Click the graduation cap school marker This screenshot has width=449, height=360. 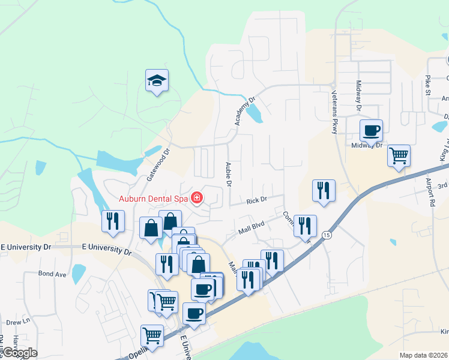157,80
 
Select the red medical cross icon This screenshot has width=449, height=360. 196,197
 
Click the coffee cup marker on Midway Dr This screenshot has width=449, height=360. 371,130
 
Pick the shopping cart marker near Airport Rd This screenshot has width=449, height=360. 399,156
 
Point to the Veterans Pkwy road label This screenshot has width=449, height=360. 335,112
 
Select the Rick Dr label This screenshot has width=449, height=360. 256,200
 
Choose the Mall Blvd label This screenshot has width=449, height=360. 251,226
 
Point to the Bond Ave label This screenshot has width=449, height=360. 52,274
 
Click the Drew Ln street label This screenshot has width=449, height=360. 18,322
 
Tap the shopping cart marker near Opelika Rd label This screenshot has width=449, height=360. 152,335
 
